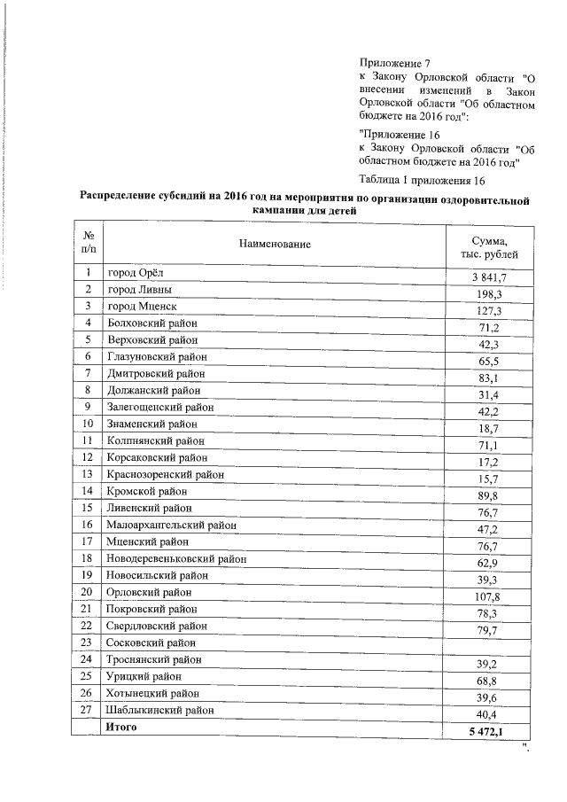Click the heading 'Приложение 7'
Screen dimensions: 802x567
pos(394,64)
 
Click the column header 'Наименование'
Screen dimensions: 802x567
pos(275,244)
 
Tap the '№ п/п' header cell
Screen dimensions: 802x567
pos(89,244)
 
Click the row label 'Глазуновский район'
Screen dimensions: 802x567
pos(157,356)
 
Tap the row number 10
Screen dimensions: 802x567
pos(89,424)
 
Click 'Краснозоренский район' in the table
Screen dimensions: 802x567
pos(165,474)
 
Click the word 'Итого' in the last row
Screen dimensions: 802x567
pos(121,727)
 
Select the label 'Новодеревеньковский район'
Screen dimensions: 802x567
pos(176,558)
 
